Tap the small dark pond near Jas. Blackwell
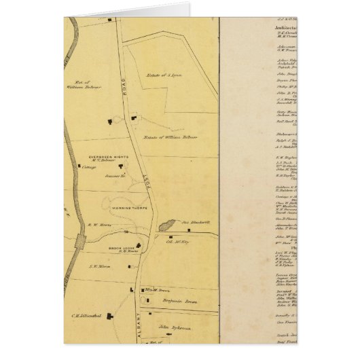point(166,226)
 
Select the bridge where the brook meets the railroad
point(81,240)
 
